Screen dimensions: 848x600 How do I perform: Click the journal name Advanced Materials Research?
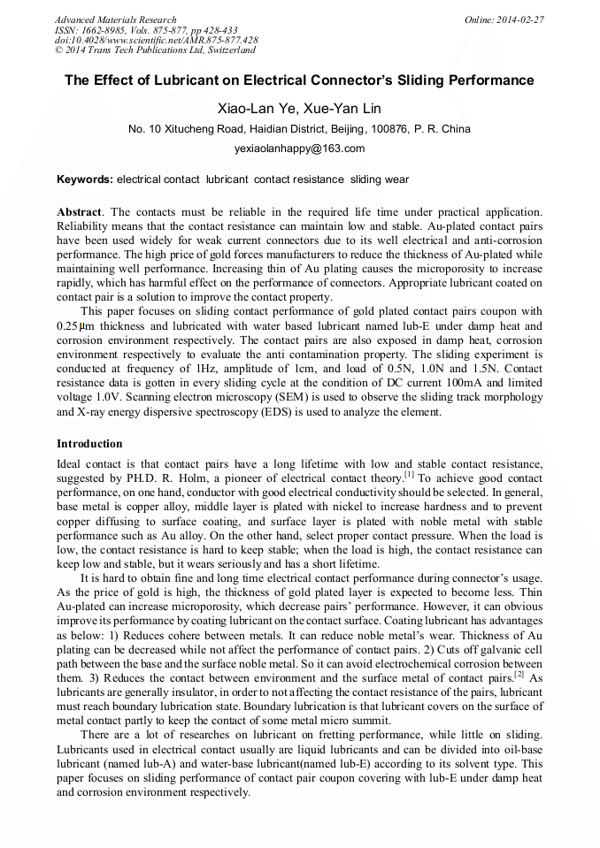[115, 19]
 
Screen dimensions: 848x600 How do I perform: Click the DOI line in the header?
[156, 40]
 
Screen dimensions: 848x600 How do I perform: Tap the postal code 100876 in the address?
[390, 129]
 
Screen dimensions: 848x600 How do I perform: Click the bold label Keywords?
[85, 180]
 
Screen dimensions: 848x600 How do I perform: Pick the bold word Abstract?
[80, 212]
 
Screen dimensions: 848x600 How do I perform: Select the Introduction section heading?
[89, 443]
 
